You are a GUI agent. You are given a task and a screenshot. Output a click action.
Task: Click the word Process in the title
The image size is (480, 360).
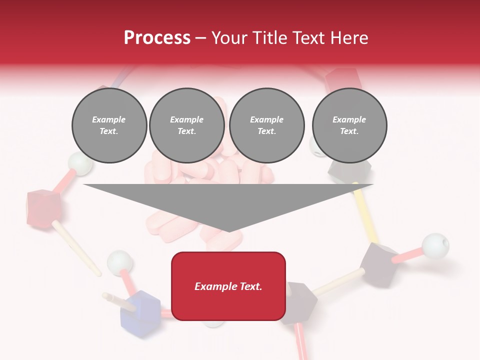pos(157,37)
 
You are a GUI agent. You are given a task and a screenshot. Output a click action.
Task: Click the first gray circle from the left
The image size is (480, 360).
pos(109,125)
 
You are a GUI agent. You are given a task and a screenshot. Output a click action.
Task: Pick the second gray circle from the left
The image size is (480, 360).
pos(186,125)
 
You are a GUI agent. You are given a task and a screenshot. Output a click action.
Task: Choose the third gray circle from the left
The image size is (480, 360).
pos(266,125)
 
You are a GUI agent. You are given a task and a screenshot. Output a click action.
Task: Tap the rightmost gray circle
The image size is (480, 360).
pos(349,125)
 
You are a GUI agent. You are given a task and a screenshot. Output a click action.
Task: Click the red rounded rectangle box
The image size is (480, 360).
pos(228,286)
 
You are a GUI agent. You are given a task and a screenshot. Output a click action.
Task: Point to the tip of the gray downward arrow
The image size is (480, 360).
pos(228,231)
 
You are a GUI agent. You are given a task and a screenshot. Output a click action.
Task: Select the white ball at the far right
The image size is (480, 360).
pos(435,245)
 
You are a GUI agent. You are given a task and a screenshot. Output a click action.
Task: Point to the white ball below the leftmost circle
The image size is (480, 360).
pos(79,163)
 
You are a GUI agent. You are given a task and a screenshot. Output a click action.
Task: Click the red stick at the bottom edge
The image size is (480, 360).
pos(302,342)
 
